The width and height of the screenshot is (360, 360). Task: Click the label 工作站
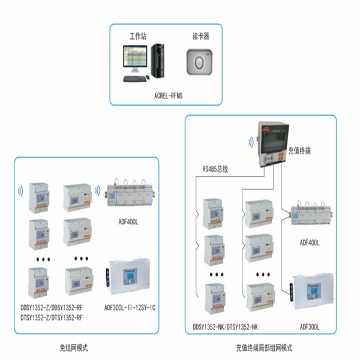click(x=138, y=36)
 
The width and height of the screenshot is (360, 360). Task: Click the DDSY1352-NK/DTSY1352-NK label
click(x=226, y=327)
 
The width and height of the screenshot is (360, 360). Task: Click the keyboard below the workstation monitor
click(x=135, y=78)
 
